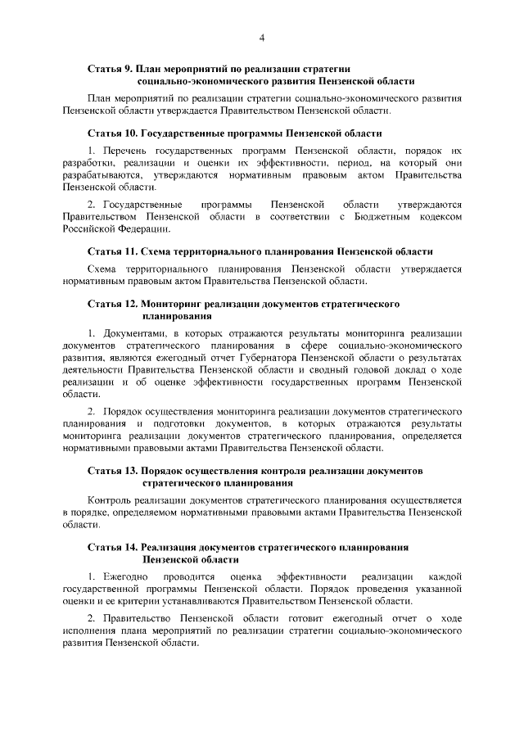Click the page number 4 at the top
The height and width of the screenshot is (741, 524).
click(262, 36)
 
